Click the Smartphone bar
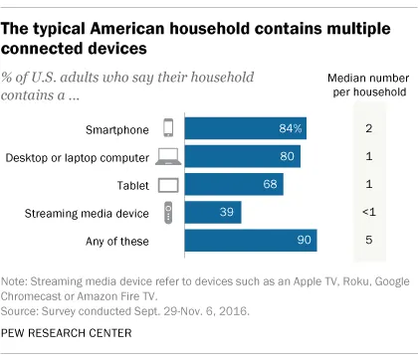pyautogui.click(x=247, y=128)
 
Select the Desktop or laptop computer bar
pyautogui.click(x=243, y=156)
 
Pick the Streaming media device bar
pyautogui.click(x=213, y=212)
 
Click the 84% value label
pyautogui.click(x=292, y=128)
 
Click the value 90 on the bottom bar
pyautogui.click(x=304, y=240)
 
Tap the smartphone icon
pyautogui.click(x=167, y=128)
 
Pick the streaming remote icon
pyautogui.click(x=167, y=212)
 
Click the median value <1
pyautogui.click(x=368, y=212)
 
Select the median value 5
pyautogui.click(x=368, y=240)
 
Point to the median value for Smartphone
pyautogui.click(x=368, y=128)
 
